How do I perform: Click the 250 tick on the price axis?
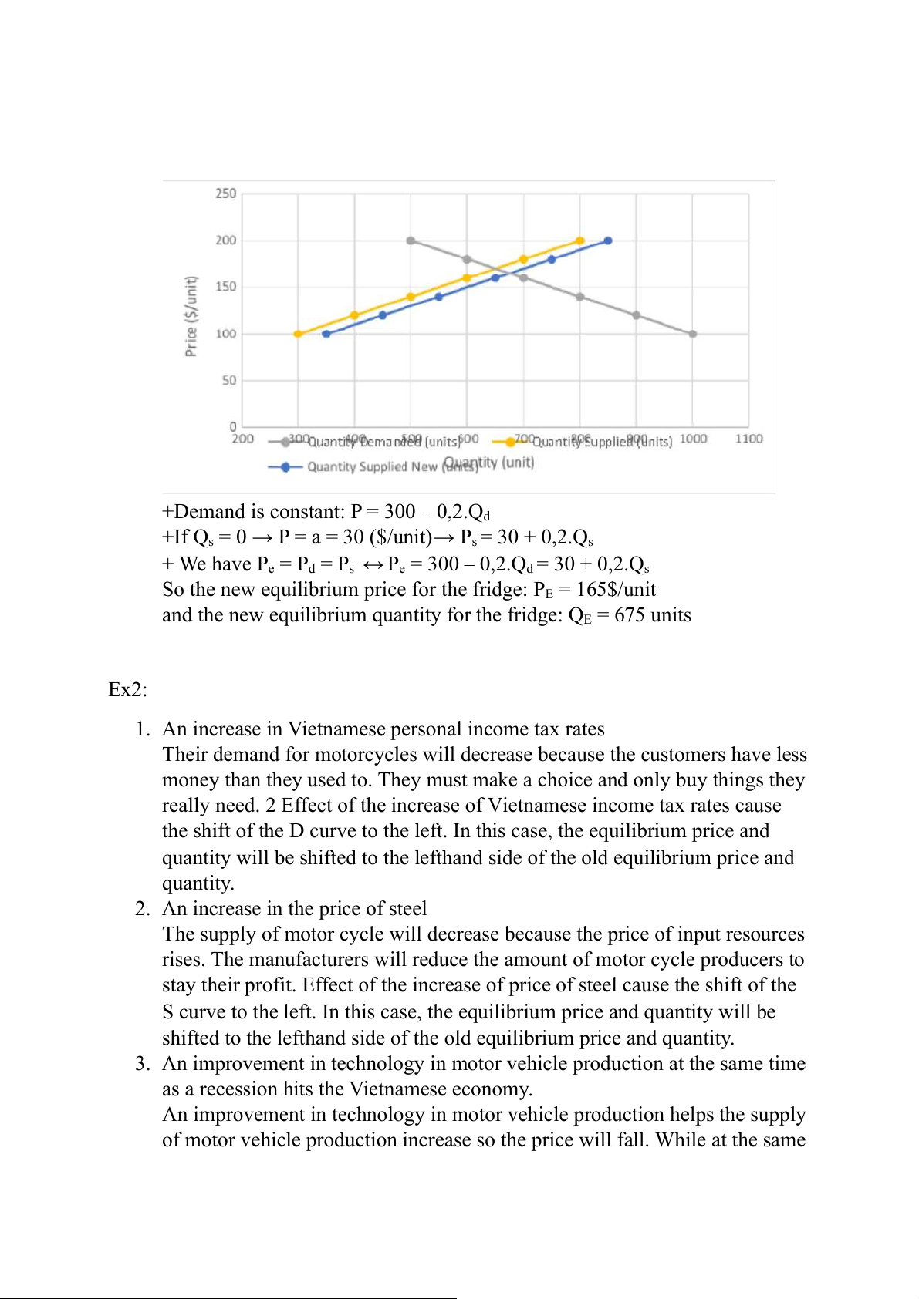[x=225, y=194]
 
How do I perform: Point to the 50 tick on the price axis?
[x=229, y=380]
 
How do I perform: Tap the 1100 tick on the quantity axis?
[x=748, y=439]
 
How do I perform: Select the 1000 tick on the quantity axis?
[x=693, y=439]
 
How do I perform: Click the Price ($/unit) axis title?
[x=191, y=316]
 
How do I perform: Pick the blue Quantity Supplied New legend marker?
[x=285, y=466]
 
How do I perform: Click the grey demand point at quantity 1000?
[x=693, y=334]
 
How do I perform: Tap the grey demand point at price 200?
[x=411, y=241]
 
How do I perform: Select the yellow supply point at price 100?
[x=298, y=334]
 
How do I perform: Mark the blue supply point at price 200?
[x=608, y=241]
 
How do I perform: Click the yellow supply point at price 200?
[x=580, y=241]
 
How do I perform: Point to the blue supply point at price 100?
[x=326, y=334]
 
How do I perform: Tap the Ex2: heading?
[x=127, y=689]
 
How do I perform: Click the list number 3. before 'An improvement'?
[x=142, y=1064]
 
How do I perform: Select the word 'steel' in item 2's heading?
[x=407, y=909]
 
